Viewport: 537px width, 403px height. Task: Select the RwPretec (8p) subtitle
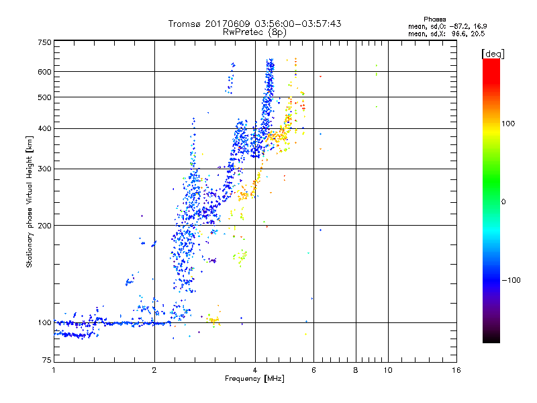coord(254,32)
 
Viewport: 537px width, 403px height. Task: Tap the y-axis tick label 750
coord(44,42)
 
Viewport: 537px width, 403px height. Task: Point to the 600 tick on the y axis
coord(44,72)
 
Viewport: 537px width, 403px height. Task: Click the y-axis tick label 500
coord(44,97)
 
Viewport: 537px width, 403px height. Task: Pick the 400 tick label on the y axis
coord(44,128)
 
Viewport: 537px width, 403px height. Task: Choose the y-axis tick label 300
coord(44,169)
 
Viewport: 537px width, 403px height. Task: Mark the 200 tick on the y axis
coord(44,226)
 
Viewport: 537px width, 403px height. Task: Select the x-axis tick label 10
coord(387,371)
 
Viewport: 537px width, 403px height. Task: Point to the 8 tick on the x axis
coord(356,371)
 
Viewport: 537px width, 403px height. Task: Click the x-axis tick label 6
coord(313,371)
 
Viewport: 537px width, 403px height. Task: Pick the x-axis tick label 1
coord(54,371)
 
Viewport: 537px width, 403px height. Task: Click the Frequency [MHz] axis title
coord(254,379)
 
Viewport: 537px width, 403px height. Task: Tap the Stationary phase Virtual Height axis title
coord(30,201)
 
